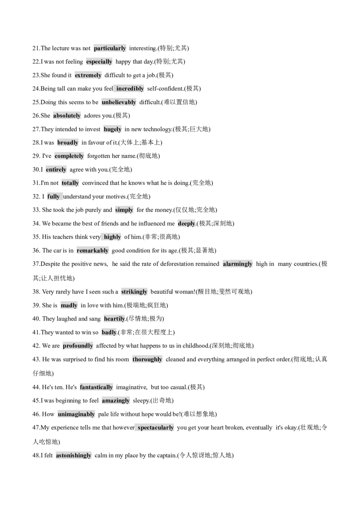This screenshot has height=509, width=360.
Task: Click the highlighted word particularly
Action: tap(110, 49)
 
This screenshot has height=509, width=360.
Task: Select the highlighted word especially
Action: tap(99, 62)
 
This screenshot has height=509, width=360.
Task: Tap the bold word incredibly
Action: tap(130, 89)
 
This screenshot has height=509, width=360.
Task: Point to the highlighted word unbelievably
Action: tap(119, 102)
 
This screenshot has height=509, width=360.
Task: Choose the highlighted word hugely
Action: tap(112, 129)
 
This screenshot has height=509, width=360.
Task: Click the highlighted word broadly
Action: tap(67, 143)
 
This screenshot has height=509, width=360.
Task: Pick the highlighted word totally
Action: tap(70, 183)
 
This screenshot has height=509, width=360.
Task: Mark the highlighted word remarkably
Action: tap(93, 250)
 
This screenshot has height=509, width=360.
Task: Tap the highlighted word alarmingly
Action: tap(238, 264)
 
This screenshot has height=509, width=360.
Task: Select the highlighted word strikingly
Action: tap(134, 292)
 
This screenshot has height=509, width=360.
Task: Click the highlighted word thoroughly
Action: tap(147, 359)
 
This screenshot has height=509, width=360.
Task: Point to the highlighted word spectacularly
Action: tap(156, 428)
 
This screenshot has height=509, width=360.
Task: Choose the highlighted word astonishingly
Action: tap(73, 455)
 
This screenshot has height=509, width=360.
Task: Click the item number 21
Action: tap(36, 49)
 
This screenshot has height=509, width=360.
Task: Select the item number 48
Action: tap(36, 455)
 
